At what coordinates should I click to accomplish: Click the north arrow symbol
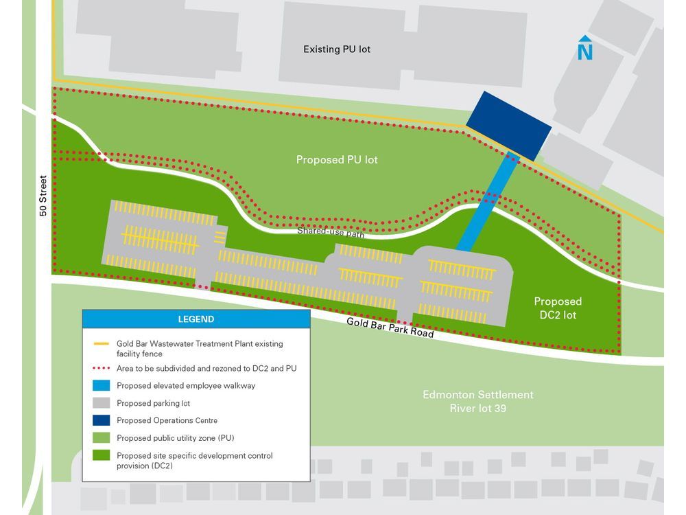coord(584,48)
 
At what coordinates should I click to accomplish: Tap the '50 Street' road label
coord(43,196)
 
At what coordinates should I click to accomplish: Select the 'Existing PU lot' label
coord(337,49)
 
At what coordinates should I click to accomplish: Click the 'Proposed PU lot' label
coord(337,160)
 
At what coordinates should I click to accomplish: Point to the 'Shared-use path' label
coord(330,232)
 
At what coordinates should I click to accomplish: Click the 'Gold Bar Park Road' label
coord(390,328)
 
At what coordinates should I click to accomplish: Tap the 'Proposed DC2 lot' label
coord(558,308)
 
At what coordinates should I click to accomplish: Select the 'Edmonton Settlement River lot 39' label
coord(477,402)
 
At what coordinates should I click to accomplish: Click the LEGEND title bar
coord(196,319)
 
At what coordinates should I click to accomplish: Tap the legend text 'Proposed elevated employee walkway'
coord(186,386)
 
